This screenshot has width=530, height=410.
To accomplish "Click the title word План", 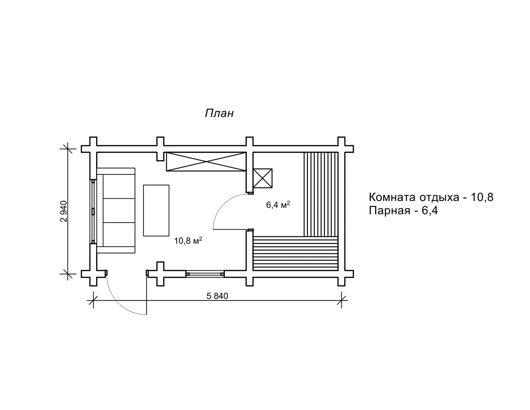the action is (x=219, y=113).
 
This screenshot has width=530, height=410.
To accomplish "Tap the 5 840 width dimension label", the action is (x=217, y=296).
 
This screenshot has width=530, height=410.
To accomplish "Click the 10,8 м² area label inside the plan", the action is (x=188, y=241).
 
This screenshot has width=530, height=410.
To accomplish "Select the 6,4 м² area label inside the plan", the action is (x=278, y=204).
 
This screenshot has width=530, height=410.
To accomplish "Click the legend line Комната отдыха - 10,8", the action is (x=431, y=197).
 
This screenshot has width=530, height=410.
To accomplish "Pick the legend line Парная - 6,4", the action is (x=403, y=211).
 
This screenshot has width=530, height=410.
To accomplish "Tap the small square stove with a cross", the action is (x=263, y=178).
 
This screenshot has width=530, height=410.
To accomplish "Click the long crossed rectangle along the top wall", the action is (x=206, y=161).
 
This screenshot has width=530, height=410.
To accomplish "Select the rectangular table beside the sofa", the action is (x=156, y=211).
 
